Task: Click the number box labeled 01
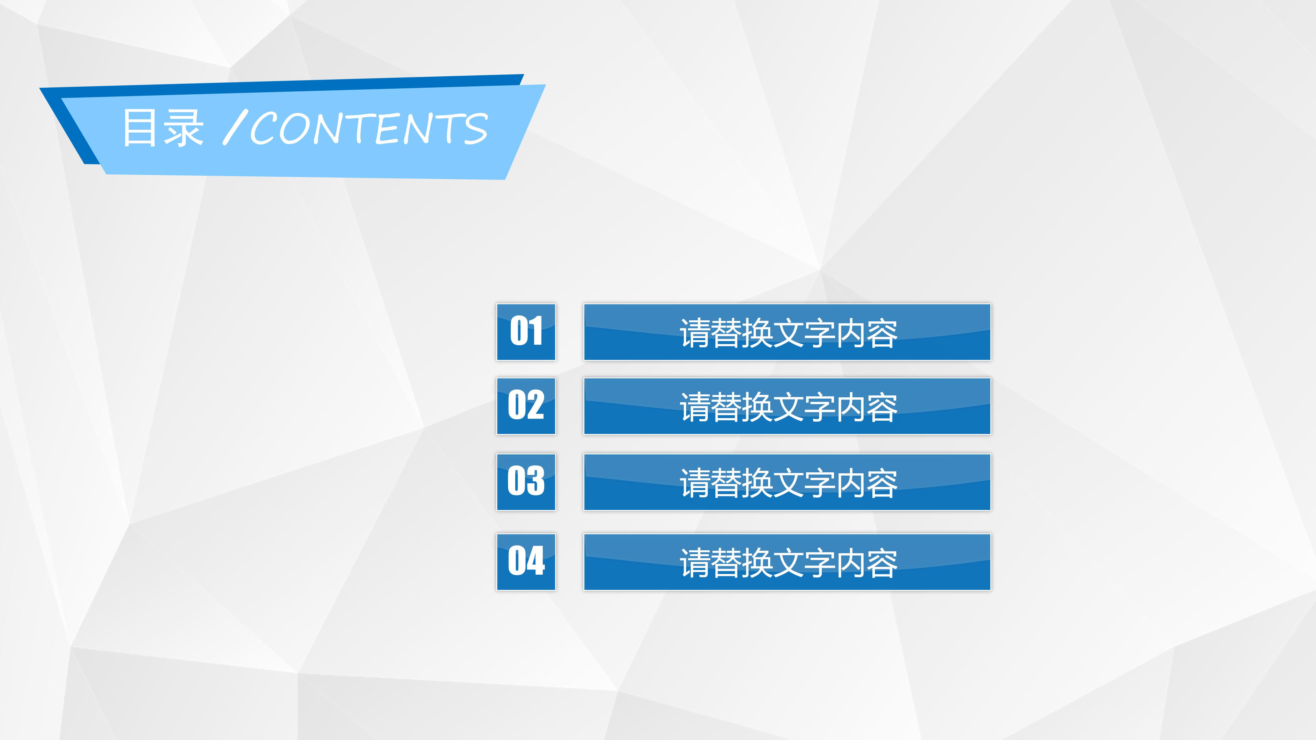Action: pos(526,332)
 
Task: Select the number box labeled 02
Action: pos(526,406)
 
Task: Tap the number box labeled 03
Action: pos(526,482)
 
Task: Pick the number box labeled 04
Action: pos(526,562)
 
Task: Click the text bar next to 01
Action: pos(787,332)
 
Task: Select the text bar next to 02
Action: pos(787,406)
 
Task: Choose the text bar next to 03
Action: pos(787,482)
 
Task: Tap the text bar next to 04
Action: pos(787,562)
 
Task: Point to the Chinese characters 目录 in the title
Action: pos(163,128)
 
